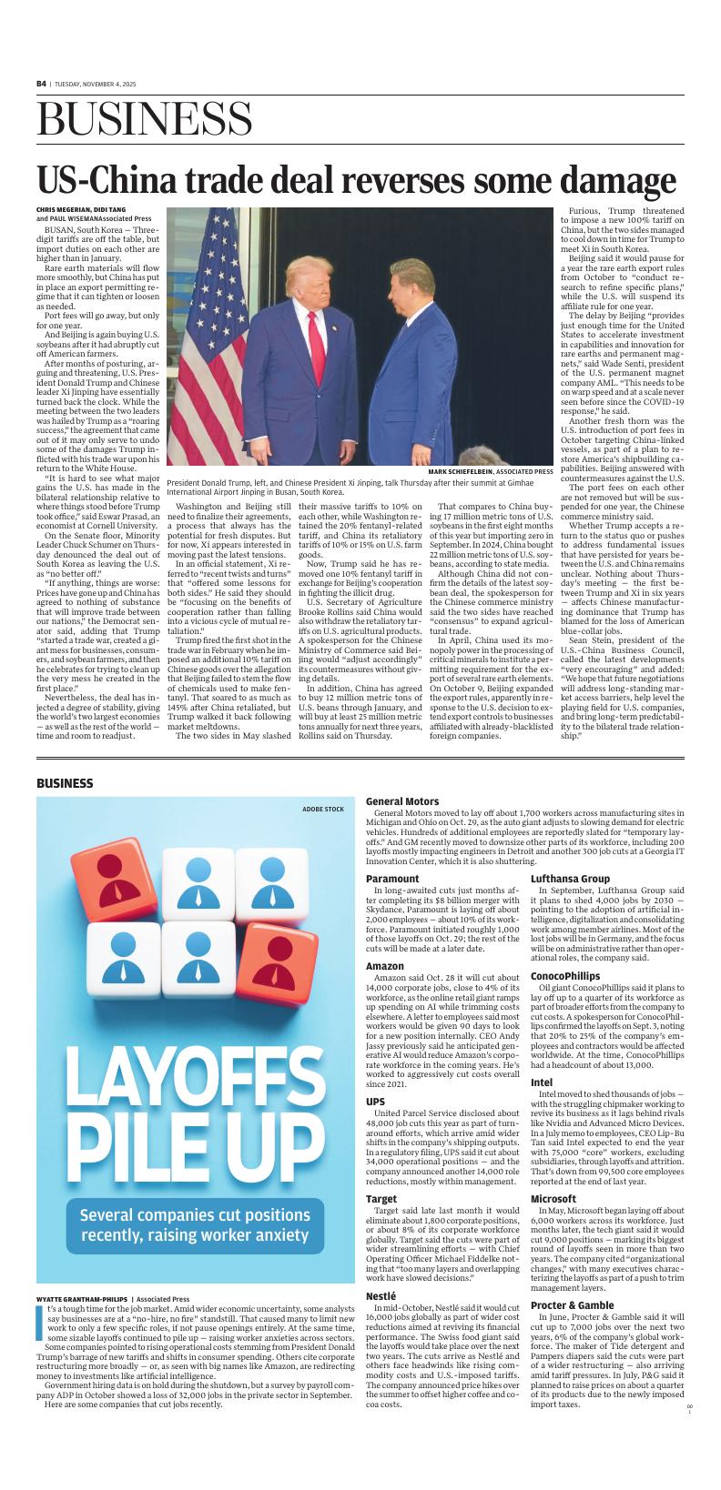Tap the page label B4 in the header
(x=41, y=83)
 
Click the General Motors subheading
(x=402, y=801)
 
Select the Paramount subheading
(x=392, y=879)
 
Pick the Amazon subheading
(x=385, y=965)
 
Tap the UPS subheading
(x=375, y=1102)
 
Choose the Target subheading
(x=381, y=1200)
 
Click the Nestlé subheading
(x=381, y=1295)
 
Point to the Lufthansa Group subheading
(x=570, y=879)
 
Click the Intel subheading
(x=542, y=1082)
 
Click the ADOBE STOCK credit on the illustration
(x=323, y=809)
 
